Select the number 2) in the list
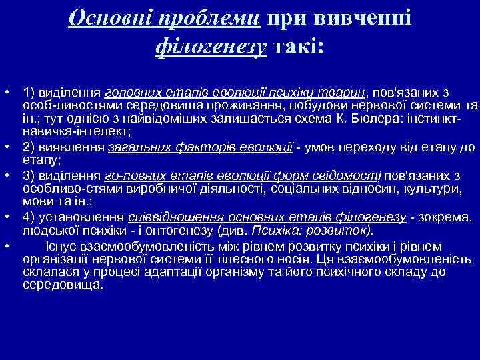click(x=29, y=147)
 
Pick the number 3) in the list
click(x=29, y=175)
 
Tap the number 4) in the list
click(x=29, y=217)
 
